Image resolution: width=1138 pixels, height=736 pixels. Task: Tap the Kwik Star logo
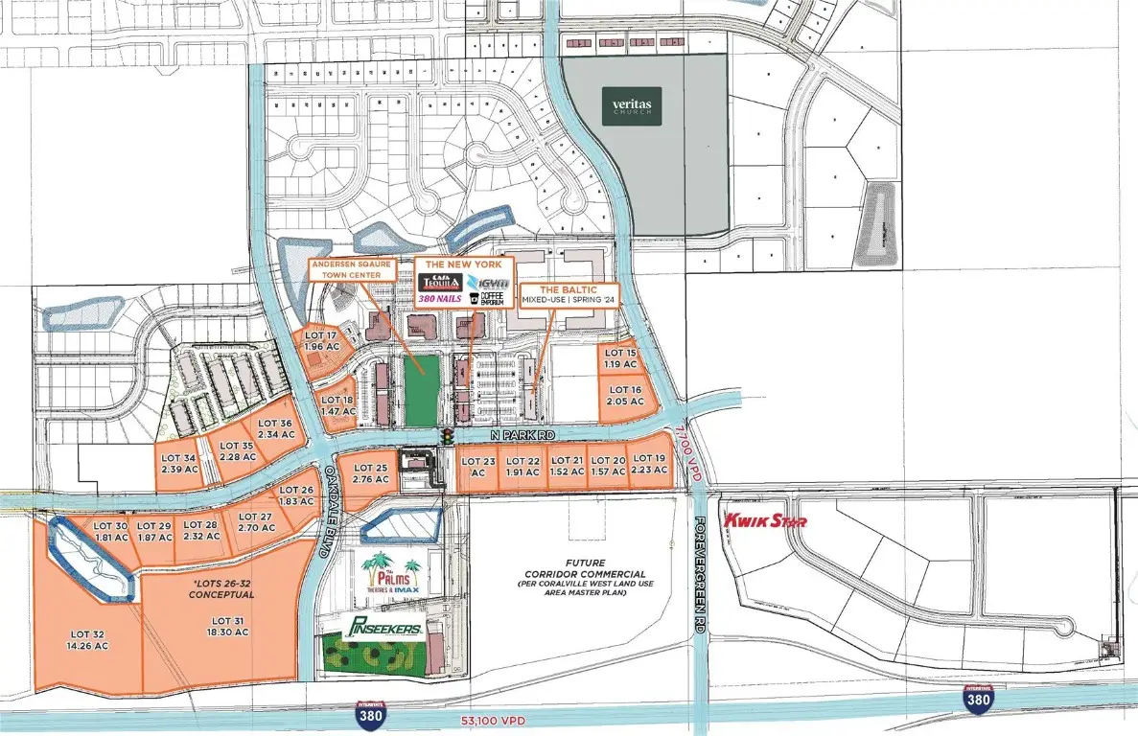765,520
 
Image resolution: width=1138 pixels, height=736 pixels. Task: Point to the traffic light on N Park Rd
447,436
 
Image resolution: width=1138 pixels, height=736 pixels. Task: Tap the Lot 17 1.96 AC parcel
319,340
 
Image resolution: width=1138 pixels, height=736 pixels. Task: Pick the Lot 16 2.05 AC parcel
624,396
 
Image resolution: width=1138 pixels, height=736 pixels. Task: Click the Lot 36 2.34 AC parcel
275,430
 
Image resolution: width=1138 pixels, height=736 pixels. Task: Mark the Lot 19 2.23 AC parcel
650,464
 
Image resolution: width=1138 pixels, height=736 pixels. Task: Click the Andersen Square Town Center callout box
351,269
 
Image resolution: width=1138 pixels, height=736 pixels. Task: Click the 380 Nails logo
437,298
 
